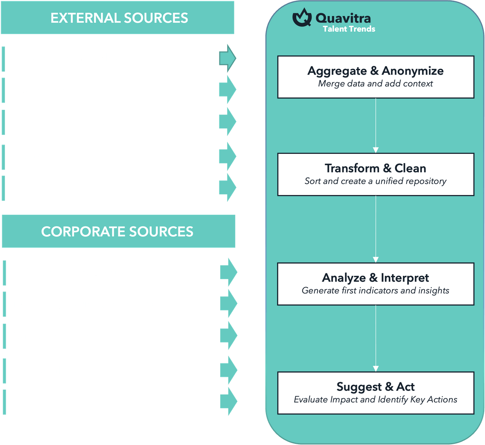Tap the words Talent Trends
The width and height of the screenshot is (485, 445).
(x=349, y=29)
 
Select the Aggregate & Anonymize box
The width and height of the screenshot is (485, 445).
(x=375, y=77)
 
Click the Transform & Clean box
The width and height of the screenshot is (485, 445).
(x=375, y=174)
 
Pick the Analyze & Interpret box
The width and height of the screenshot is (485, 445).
(x=375, y=283)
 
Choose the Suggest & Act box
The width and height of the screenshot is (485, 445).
(x=375, y=393)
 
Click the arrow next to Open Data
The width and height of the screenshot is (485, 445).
(x=228, y=156)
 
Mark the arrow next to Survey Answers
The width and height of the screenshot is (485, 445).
(x=228, y=336)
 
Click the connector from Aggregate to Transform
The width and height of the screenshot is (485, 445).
(x=375, y=125)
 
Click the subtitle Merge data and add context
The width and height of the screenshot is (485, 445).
(x=375, y=84)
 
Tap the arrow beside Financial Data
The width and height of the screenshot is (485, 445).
(x=228, y=370)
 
